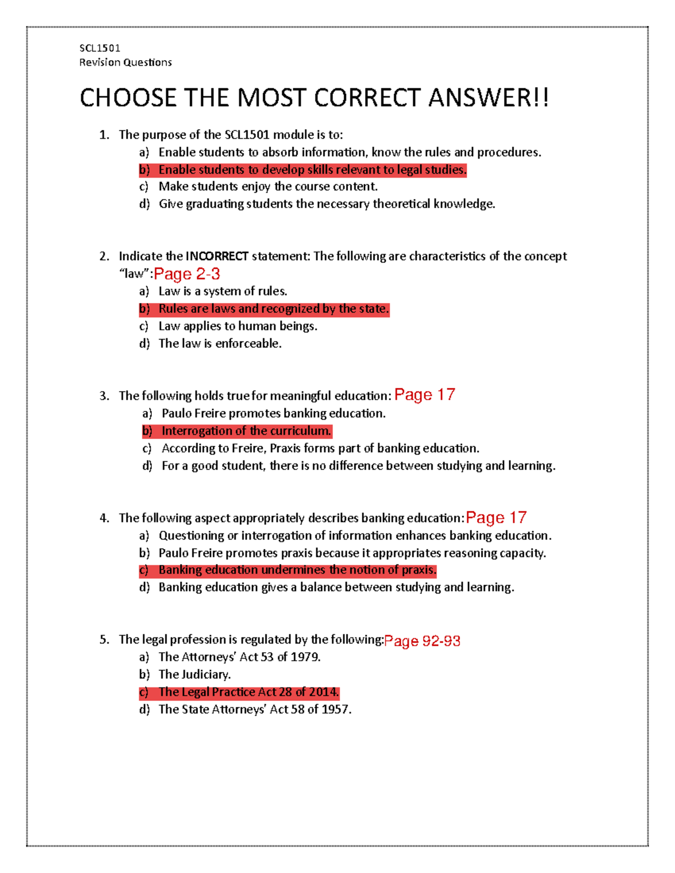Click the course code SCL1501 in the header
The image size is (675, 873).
tap(100, 48)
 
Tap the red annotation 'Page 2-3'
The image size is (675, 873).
tap(187, 274)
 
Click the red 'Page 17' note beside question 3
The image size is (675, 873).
tap(425, 395)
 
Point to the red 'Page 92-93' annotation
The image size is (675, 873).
tap(422, 641)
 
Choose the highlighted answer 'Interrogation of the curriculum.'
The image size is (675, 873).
tap(246, 431)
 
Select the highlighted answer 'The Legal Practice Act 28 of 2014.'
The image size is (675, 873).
tap(249, 692)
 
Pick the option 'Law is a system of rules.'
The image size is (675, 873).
tap(223, 291)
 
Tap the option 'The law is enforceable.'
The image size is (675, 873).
tap(220, 343)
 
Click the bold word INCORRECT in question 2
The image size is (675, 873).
tap(217, 256)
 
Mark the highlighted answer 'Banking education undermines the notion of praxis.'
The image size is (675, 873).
tap(297, 570)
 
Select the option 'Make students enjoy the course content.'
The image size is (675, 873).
tap(268, 187)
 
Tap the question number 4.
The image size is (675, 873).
tap(104, 518)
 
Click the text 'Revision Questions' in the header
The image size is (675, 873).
tap(125, 62)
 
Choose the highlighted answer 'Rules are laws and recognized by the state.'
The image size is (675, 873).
tap(273, 309)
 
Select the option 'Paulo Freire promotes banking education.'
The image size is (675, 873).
tap(273, 414)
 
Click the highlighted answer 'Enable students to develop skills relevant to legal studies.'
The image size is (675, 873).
tap(312, 170)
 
